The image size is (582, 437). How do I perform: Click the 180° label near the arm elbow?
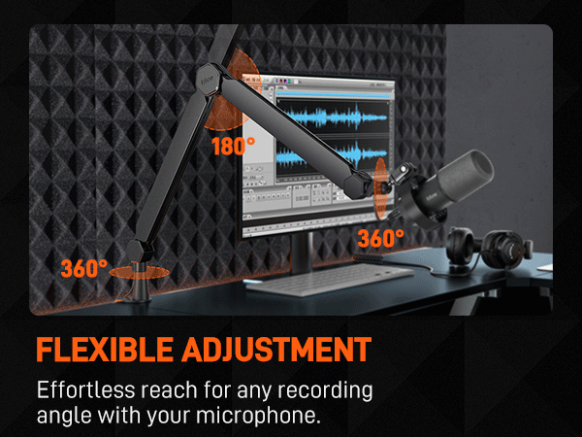[x=234, y=146]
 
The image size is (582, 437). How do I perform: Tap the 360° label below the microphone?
[x=380, y=237]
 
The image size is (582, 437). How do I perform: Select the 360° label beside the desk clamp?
[x=83, y=267]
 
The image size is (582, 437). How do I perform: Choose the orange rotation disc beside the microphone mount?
[x=381, y=180]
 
